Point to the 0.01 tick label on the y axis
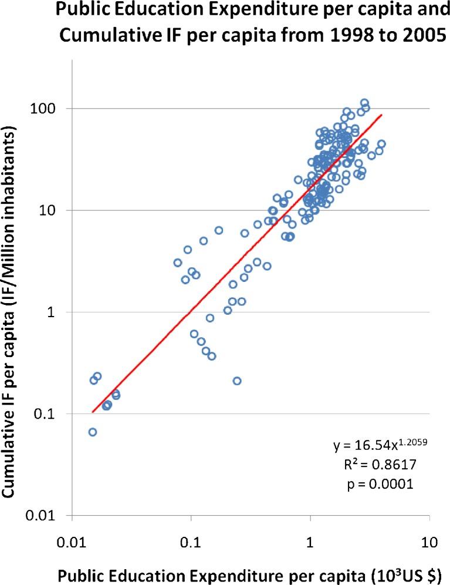coord(45,516)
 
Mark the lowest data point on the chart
coord(92,432)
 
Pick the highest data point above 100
coord(364,103)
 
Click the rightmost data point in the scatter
coord(381,144)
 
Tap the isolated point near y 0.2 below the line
coord(237,381)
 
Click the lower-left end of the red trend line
coord(92,412)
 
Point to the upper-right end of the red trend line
coord(382,115)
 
